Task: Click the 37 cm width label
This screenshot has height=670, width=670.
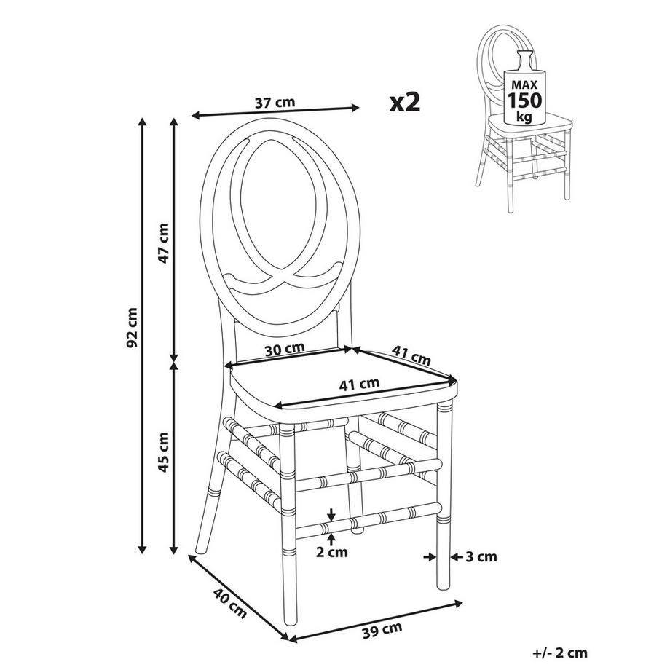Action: tap(275, 103)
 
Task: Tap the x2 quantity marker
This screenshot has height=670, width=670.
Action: tap(405, 101)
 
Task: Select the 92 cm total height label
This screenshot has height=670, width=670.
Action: tap(132, 328)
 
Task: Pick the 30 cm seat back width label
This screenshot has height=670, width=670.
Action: tap(284, 349)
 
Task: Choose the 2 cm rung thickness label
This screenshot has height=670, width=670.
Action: tap(332, 552)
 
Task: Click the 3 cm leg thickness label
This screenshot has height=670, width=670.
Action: tap(481, 557)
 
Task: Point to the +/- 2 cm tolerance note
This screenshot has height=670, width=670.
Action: tap(560, 653)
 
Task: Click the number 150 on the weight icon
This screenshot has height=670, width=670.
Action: tap(523, 100)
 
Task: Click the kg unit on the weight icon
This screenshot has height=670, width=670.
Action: tap(523, 117)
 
